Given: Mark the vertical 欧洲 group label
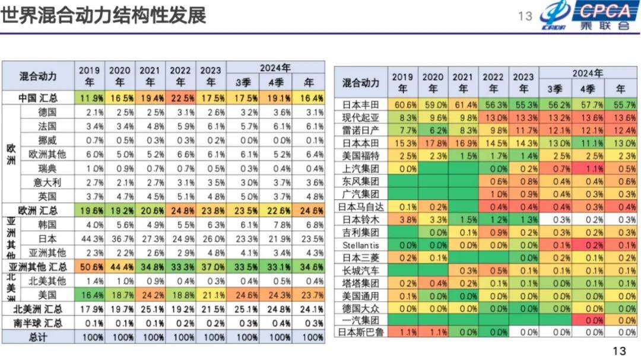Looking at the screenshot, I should [x=11, y=154].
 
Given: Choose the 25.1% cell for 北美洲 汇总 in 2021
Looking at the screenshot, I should [x=150, y=309].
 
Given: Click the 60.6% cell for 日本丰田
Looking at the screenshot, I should [x=403, y=104].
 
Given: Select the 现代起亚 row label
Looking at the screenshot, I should [x=361, y=117].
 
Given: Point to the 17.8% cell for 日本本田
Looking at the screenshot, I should [x=433, y=143].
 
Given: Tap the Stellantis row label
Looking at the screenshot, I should [x=361, y=245].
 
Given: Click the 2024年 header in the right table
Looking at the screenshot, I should [x=587, y=74].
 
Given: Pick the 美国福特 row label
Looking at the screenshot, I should [x=361, y=156].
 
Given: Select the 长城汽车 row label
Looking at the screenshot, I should [x=361, y=270].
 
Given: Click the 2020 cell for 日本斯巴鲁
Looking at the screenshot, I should [x=433, y=332].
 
